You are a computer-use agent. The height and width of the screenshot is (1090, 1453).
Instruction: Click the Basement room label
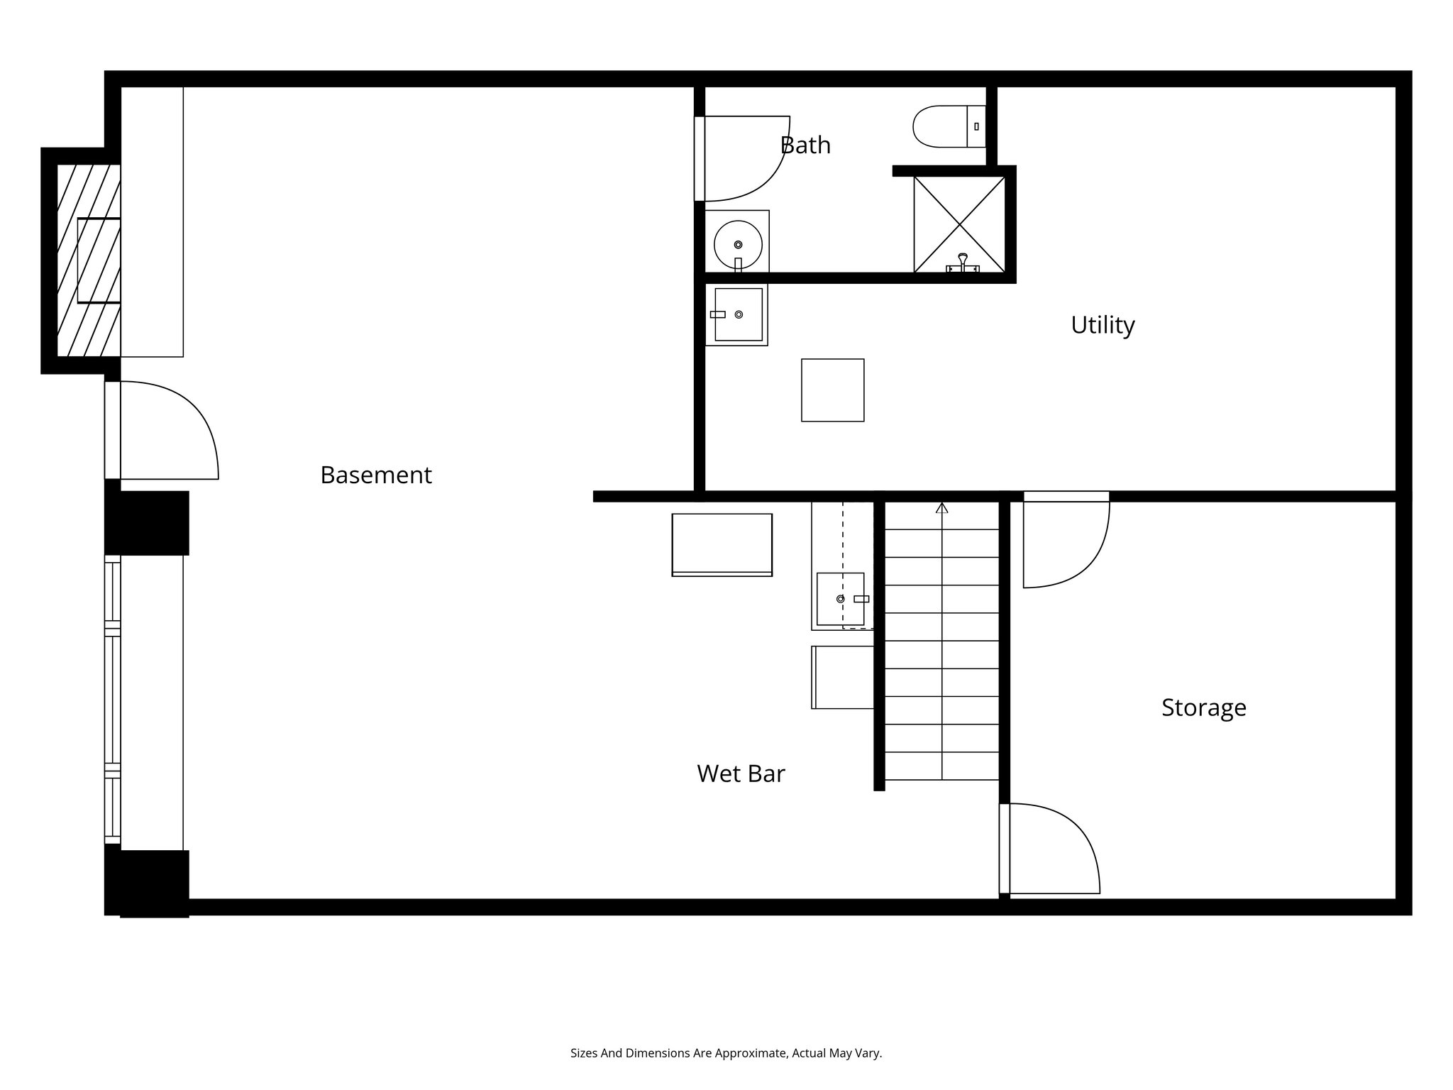[x=375, y=475]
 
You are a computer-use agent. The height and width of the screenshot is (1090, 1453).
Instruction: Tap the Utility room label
[x=1102, y=325]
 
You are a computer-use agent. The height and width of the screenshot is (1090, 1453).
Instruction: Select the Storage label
[x=1203, y=708]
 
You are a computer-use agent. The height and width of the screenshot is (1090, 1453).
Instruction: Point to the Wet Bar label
[x=741, y=774]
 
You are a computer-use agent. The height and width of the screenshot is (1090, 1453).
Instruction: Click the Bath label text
[x=805, y=145]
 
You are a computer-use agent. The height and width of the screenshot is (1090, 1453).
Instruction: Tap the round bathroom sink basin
[x=738, y=244]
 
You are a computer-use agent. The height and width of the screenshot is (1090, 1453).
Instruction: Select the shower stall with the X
[x=959, y=224]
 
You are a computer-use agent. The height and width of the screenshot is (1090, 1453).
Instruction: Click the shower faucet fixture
[x=963, y=263]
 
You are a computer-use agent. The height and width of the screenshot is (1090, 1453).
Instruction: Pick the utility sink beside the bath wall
[x=738, y=314]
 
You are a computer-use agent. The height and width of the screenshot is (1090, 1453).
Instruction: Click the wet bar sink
[x=841, y=599]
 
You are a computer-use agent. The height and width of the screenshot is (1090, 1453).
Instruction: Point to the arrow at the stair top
[x=941, y=507]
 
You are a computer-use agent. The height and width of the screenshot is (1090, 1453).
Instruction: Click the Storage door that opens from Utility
[x=1066, y=543]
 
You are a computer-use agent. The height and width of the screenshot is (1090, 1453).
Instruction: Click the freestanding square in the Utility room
[x=832, y=390]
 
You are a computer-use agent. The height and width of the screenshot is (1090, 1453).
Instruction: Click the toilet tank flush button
[x=976, y=126]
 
